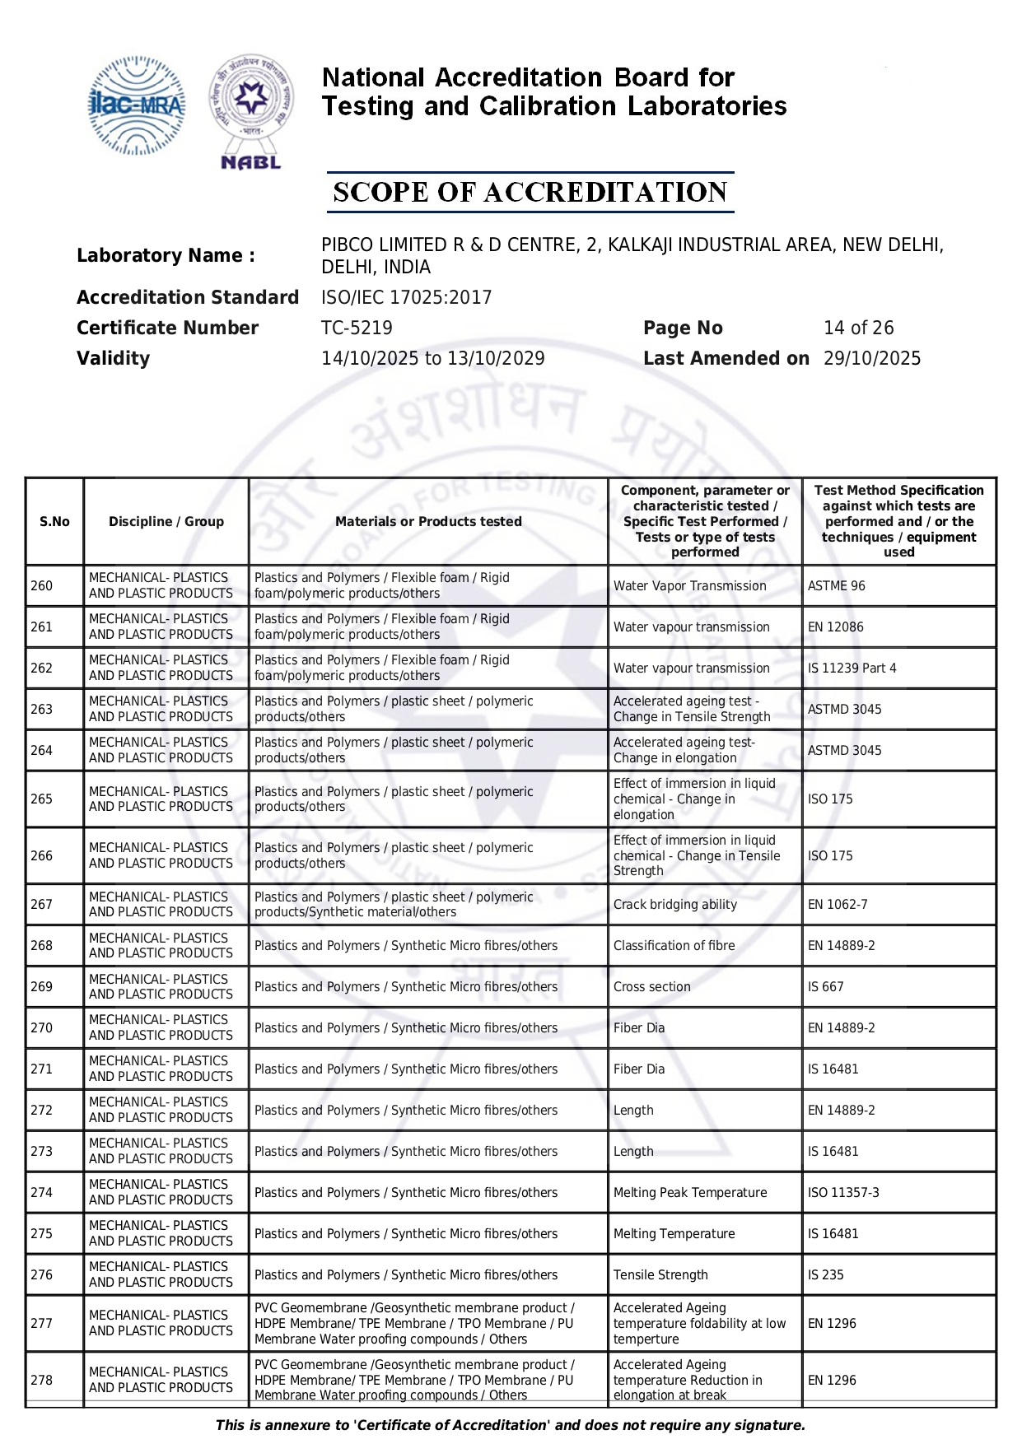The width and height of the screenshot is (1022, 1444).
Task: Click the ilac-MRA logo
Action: click(x=137, y=105)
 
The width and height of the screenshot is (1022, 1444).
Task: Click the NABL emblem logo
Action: click(x=251, y=111)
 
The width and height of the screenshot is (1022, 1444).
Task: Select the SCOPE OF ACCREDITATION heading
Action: click(x=530, y=193)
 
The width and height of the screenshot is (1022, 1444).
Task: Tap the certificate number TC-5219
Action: click(x=357, y=328)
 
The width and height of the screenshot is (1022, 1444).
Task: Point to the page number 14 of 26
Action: click(x=858, y=328)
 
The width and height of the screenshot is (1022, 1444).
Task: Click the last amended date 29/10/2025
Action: click(x=872, y=358)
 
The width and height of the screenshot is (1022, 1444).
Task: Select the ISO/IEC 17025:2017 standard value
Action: click(x=406, y=297)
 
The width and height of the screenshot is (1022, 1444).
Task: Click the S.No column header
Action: click(x=54, y=521)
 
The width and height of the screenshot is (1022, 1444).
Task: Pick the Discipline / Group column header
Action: click(x=166, y=521)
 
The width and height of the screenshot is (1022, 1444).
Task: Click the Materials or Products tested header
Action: click(x=428, y=521)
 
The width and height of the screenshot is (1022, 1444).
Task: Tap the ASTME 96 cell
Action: click(x=836, y=585)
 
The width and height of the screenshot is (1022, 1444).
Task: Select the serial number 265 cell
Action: click(x=42, y=799)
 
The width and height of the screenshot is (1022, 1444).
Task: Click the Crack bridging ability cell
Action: click(x=674, y=904)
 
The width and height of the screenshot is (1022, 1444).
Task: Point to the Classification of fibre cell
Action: click(x=674, y=945)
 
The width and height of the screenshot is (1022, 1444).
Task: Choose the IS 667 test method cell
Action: click(x=825, y=986)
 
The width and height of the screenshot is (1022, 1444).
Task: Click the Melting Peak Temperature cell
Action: click(x=689, y=1192)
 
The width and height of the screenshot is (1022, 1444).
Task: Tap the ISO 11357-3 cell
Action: click(x=842, y=1192)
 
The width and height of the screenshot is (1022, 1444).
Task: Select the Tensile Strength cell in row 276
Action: click(x=660, y=1274)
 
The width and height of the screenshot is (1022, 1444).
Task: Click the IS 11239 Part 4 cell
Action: click(x=852, y=668)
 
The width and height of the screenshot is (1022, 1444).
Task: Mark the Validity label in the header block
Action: click(x=113, y=358)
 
